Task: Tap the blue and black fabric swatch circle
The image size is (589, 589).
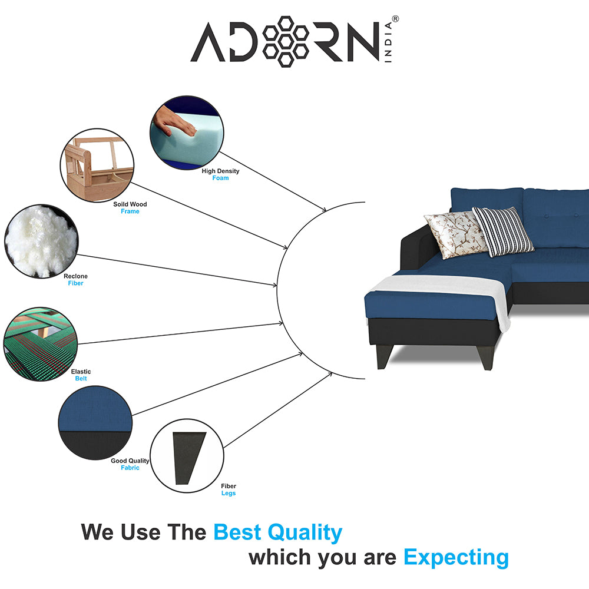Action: (95, 422)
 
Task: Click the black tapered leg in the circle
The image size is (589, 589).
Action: (188, 456)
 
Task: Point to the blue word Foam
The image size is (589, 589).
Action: (221, 178)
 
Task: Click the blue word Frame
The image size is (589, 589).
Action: (130, 211)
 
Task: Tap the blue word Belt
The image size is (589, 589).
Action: (81, 379)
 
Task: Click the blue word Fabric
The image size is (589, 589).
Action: (130, 468)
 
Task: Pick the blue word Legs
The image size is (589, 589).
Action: (229, 493)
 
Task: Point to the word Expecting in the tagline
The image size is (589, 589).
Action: (456, 557)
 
